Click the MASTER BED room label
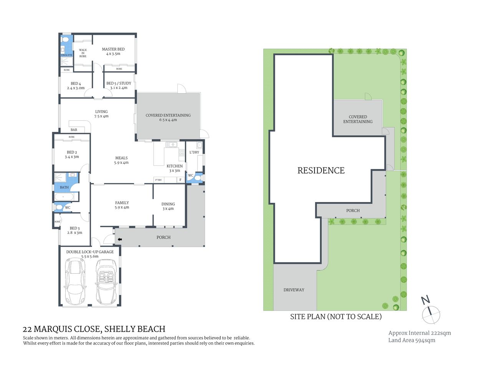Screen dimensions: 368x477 tap(113, 51)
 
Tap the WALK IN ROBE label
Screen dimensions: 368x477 tap(83, 53)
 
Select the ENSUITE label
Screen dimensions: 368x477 tap(66, 55)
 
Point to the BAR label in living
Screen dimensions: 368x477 tap(74, 130)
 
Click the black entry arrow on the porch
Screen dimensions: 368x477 tap(119, 240)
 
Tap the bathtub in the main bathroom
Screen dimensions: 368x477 tap(64, 197)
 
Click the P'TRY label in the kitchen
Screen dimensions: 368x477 tap(158, 180)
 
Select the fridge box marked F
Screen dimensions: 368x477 tap(181, 179)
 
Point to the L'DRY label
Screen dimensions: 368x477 tap(194, 152)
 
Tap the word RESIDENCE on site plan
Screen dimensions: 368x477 tap(321, 171)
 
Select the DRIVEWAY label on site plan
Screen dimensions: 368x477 tap(294, 290)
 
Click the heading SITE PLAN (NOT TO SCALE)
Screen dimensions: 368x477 tap(336, 317)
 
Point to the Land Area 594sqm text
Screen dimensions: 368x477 tap(412, 340)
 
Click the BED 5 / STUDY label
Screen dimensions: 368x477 tap(119, 85)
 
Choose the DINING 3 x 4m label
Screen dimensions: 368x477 tap(168, 206)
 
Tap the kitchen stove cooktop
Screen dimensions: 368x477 tap(181, 152)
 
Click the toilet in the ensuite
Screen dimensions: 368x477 tap(65, 39)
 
